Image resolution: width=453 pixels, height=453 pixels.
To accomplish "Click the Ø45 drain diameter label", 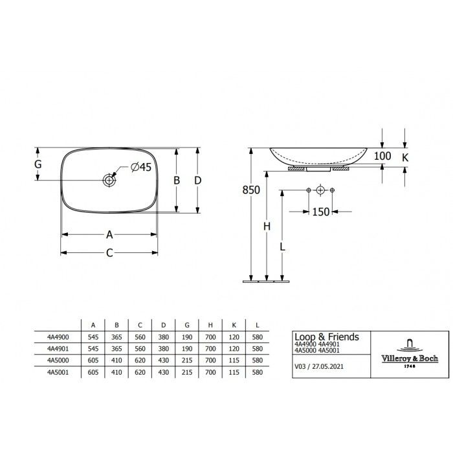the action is [x=141, y=167].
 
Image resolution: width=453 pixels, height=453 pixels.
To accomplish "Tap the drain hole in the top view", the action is [x=109, y=181].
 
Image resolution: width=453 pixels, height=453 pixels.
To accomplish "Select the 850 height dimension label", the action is [x=251, y=190].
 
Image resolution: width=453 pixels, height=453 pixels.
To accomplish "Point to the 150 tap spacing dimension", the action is [x=321, y=212].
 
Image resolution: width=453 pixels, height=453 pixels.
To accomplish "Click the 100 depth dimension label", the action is [x=382, y=156].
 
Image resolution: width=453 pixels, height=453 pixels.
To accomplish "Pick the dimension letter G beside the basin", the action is [x=38, y=164].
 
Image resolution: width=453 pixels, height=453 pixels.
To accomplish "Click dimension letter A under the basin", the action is [x=109, y=234].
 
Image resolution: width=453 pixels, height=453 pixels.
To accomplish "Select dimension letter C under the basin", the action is [x=109, y=253].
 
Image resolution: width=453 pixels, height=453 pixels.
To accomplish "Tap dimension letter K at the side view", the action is [x=405, y=157].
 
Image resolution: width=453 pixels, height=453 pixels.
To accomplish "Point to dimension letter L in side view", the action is [x=282, y=247].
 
